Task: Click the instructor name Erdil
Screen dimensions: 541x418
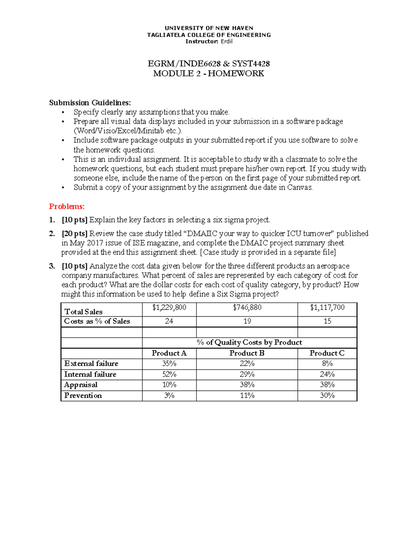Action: tap(227, 41)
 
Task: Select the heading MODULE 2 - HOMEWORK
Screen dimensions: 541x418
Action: tap(209, 74)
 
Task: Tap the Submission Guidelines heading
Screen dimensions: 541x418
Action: tap(90, 102)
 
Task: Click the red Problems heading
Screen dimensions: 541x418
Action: tap(67, 207)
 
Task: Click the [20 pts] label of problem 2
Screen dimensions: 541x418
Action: tap(75, 233)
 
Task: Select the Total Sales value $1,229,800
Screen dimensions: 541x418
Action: tap(169, 307)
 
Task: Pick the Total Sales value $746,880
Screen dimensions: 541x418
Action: tap(247, 307)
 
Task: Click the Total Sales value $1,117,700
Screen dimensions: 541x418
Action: tap(327, 307)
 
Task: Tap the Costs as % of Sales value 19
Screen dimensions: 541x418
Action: tap(247, 321)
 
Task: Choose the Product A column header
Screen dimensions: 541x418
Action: tap(169, 353)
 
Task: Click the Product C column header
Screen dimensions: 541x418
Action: tap(327, 353)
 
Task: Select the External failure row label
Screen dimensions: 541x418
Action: tap(91, 364)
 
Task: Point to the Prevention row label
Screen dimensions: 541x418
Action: tap(83, 396)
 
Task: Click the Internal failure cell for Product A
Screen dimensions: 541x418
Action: tap(169, 374)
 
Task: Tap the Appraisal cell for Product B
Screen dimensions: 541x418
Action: tap(247, 385)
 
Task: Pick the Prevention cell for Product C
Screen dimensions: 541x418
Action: tap(327, 396)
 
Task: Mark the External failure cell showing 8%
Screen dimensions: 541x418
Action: tap(327, 364)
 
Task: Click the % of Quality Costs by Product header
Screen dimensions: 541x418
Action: tap(249, 342)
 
